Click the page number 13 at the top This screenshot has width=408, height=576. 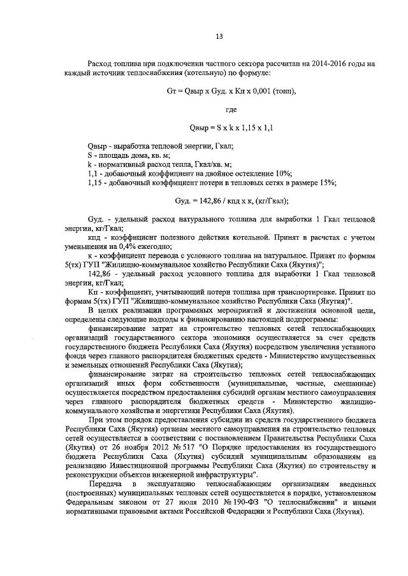coord(219,36)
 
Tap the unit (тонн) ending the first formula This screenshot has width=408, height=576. coord(282,91)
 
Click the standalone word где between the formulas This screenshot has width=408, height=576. coord(222,110)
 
